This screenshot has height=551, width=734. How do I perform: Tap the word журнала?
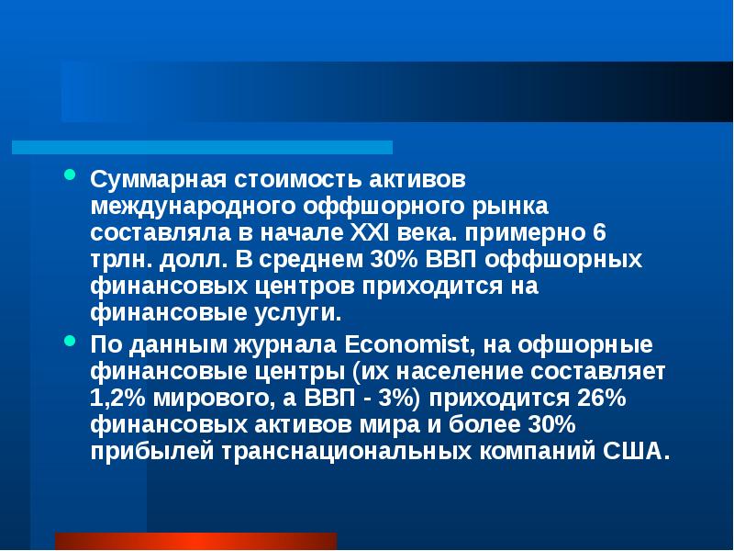(x=281, y=345)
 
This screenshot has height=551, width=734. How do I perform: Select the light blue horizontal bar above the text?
(x=202, y=147)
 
